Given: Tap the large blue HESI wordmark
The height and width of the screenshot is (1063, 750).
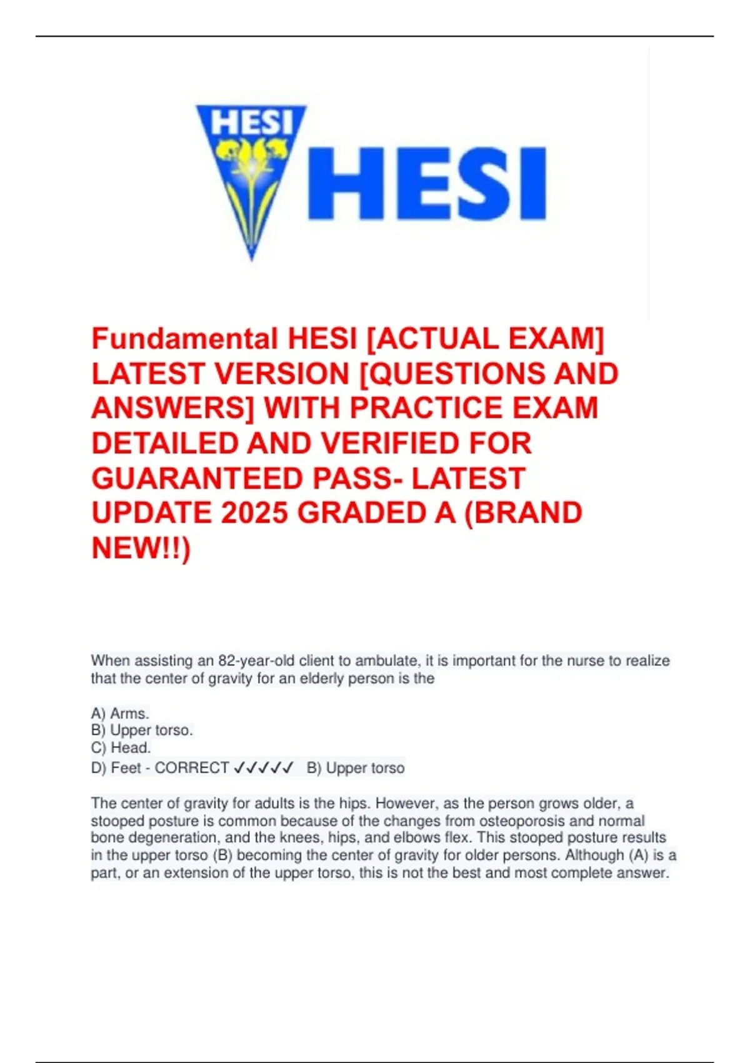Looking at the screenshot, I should coord(427,183).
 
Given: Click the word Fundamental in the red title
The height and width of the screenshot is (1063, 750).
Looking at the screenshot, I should coord(184,340).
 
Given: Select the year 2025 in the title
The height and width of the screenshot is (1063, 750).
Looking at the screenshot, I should coord(254,513).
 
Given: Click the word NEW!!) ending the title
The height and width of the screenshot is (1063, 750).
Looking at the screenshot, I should coord(141,548).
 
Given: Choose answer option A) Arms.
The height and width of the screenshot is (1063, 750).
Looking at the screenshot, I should coord(120,713).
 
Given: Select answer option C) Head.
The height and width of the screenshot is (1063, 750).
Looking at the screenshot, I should coord(121,748).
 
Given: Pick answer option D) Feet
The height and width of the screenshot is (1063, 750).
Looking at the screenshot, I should coord(116,768).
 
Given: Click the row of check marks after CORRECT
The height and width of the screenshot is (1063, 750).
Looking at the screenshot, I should coord(263,768).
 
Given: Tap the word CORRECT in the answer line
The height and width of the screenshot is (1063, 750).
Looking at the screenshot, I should coord(192,768).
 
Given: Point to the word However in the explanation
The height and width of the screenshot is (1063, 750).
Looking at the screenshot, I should coord(404,804).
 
